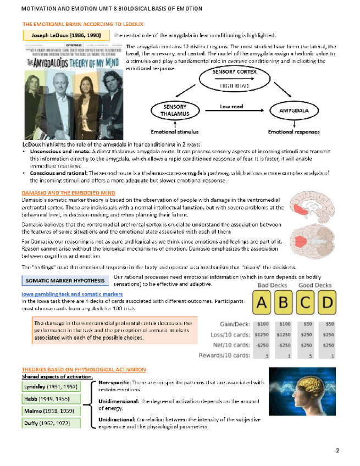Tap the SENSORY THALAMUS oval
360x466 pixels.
[174, 110]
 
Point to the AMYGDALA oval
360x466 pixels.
[289, 110]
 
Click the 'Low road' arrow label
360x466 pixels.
[231, 106]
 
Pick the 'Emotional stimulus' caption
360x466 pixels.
[174, 132]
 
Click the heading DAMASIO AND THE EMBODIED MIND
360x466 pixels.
[68, 193]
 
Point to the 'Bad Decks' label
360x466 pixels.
[273, 286]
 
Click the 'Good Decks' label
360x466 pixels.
[315, 286]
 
